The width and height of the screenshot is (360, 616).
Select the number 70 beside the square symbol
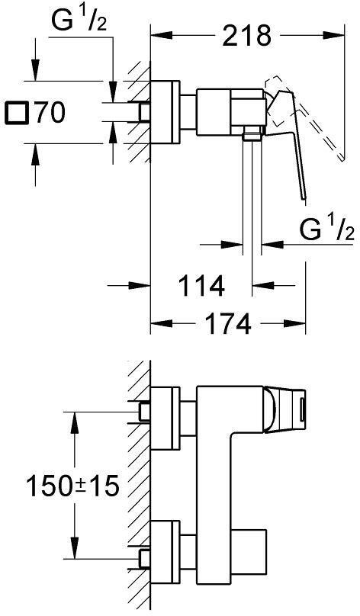click(x=49, y=114)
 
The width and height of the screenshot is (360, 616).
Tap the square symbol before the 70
click(x=16, y=114)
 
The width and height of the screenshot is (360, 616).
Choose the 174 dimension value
click(x=227, y=325)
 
